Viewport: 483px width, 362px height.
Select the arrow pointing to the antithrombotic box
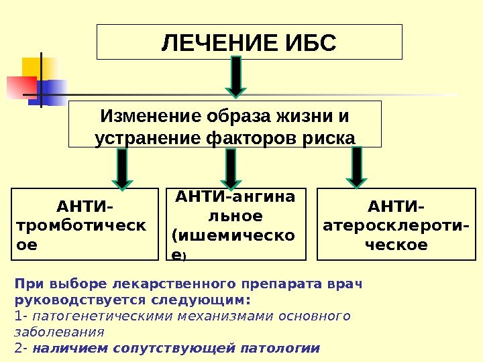click(121, 168)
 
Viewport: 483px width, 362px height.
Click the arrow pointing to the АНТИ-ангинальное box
click(231, 168)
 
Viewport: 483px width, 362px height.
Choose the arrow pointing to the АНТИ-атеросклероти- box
click(356, 168)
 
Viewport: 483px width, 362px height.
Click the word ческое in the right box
click(396, 245)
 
